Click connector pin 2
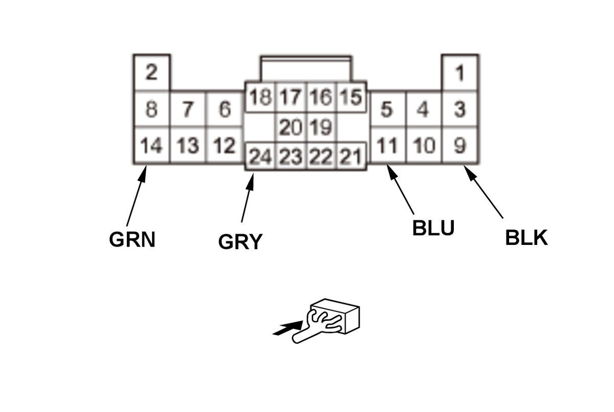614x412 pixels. click(x=151, y=73)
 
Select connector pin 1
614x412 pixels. click(x=460, y=73)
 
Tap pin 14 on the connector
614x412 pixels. click(x=151, y=146)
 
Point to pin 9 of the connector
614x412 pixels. click(x=460, y=146)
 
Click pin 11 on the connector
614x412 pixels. click(x=387, y=146)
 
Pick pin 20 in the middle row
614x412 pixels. click(x=291, y=127)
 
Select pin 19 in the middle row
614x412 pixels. click(x=321, y=127)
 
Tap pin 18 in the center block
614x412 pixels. click(x=260, y=97)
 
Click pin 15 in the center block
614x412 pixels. click(x=350, y=97)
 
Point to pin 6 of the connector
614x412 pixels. click(x=224, y=110)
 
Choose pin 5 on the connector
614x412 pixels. click(x=387, y=110)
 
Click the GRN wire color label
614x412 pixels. click(x=132, y=239)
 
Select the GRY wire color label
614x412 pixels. click(x=240, y=241)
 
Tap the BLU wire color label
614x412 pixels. click(x=433, y=229)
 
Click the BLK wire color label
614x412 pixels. click(x=527, y=238)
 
